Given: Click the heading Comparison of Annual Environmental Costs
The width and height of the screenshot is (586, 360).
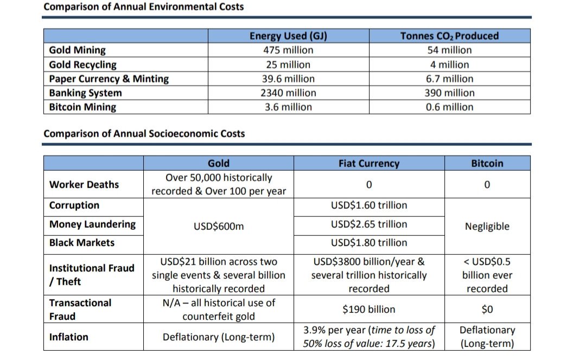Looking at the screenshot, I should tap(143, 7).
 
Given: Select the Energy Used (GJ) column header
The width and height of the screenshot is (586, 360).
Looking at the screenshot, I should tap(288, 36).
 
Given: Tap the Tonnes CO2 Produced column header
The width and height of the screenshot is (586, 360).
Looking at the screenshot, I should tap(449, 36).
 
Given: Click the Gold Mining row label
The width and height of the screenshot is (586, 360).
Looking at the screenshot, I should tap(78, 50).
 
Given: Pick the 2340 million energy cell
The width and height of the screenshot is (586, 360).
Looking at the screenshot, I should tap(288, 93).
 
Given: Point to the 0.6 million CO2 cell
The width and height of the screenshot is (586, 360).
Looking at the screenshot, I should tap(449, 107).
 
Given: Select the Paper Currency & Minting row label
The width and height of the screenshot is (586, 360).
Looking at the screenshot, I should tap(109, 79).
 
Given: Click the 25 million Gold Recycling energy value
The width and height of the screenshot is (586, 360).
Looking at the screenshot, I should tap(288, 65).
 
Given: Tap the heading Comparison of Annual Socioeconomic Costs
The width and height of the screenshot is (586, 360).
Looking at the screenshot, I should tap(144, 133).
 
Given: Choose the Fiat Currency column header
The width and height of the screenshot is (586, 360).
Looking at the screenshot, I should tap(368, 163).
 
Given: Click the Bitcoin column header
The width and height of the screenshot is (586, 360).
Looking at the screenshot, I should tap(487, 163).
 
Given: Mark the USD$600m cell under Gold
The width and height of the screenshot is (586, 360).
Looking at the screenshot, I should tap(219, 226).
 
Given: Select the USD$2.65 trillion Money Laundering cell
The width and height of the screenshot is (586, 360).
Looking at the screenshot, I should tap(368, 224).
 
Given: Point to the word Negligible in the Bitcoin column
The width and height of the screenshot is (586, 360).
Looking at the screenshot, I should tap(487, 226).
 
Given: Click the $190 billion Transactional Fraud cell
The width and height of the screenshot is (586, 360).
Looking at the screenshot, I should tap(368, 309).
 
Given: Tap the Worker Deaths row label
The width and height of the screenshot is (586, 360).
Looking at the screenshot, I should tap(84, 184).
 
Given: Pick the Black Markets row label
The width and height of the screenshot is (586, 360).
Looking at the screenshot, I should tap(81, 242).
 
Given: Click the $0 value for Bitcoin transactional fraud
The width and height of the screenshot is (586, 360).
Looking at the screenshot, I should tap(487, 309).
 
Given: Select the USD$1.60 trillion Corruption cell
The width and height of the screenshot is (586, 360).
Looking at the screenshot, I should tap(368, 205).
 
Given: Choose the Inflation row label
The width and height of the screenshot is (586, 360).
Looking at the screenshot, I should tap(68, 337).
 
